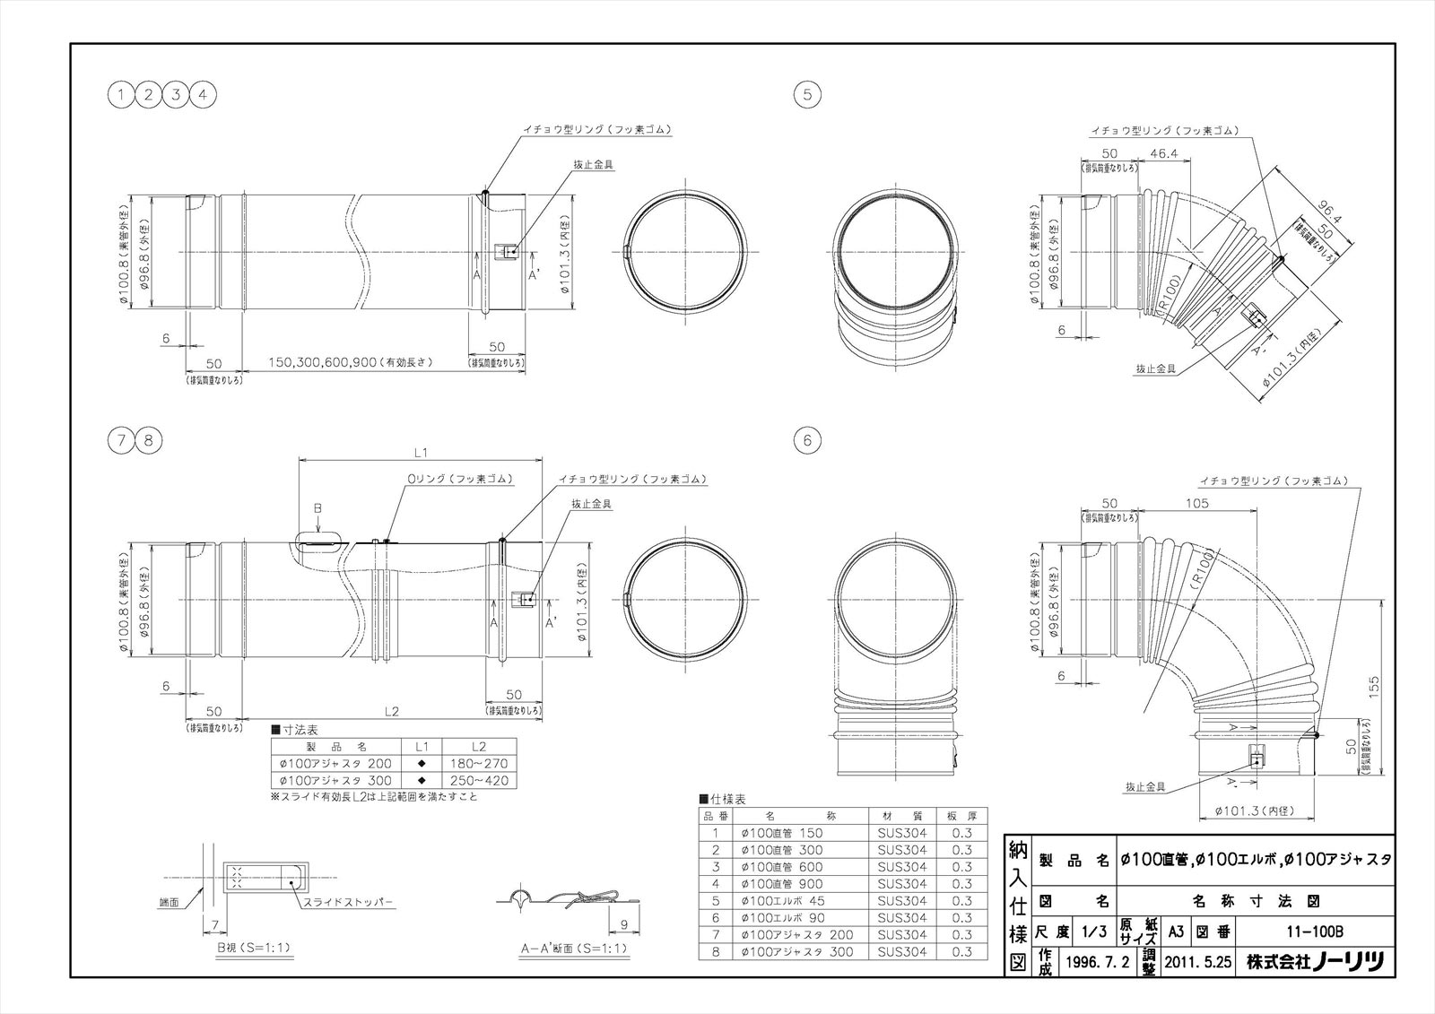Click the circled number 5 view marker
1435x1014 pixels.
click(807, 94)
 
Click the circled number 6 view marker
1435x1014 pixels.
click(807, 440)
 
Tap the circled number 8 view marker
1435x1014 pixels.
click(150, 440)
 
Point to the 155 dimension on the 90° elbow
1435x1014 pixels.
click(1373, 685)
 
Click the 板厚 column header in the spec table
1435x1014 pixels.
click(961, 816)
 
